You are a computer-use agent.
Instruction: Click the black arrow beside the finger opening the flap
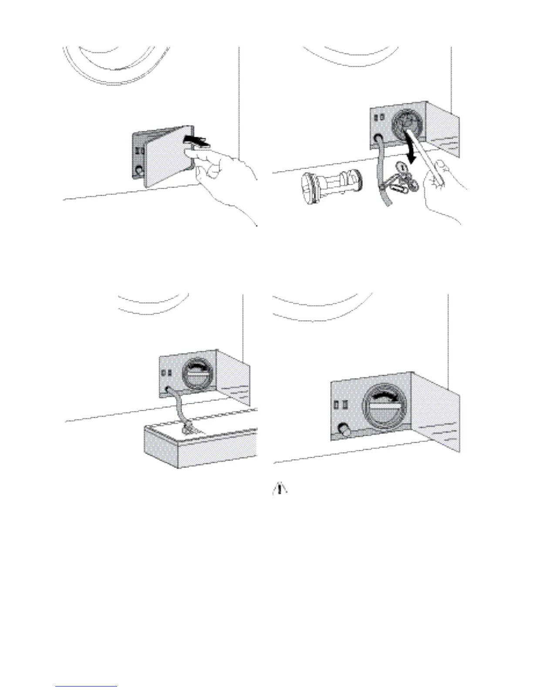click(196, 139)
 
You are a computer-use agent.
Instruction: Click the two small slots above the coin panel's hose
click(378, 118)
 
